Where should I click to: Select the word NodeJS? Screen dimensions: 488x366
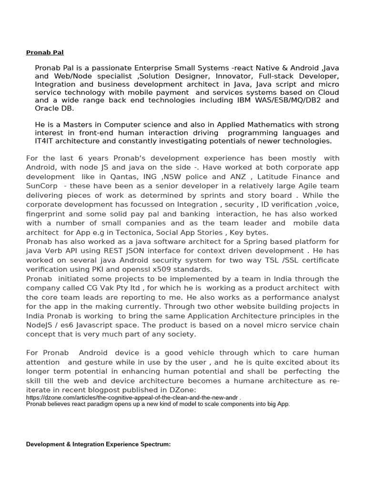(x=41, y=325)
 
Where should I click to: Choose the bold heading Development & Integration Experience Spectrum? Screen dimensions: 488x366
(x=98, y=444)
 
